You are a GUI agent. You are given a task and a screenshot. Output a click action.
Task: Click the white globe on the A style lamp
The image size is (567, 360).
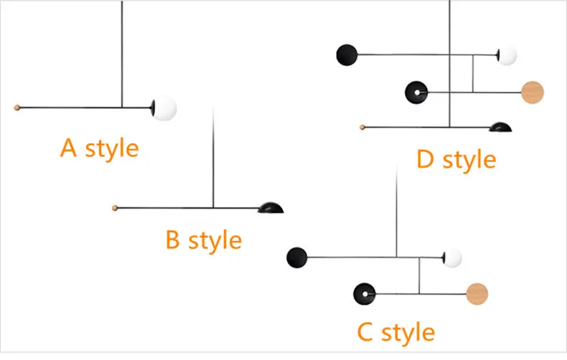click(165, 108)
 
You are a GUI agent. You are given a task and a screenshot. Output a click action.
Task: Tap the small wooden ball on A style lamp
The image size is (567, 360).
click(17, 108)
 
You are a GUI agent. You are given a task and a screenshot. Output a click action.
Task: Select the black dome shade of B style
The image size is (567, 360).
click(271, 208)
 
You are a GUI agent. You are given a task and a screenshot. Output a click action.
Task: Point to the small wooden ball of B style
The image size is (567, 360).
click(115, 208)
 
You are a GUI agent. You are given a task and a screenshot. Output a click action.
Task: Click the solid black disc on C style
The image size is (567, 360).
click(297, 257)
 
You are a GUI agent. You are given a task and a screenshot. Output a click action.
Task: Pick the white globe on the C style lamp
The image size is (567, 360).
click(452, 258)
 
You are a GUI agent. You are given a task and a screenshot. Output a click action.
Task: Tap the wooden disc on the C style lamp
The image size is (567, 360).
click(477, 294)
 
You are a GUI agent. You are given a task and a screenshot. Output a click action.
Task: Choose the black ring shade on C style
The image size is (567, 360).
click(365, 294)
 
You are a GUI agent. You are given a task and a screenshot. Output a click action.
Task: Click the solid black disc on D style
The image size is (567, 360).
click(347, 55)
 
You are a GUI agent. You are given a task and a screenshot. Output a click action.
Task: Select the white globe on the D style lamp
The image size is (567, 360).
click(507, 56)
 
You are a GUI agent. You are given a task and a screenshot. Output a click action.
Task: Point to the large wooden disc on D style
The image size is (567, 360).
click(533, 93)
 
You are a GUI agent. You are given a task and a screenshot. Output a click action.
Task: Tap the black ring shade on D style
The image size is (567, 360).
click(416, 93)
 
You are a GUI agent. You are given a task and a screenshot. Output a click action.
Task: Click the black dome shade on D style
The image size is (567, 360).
click(500, 127)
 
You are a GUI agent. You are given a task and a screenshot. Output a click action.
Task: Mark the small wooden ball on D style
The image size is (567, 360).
click(362, 127)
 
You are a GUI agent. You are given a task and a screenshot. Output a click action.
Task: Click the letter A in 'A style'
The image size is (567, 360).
click(68, 148)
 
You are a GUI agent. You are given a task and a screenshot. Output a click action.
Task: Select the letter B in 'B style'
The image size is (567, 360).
click(172, 240)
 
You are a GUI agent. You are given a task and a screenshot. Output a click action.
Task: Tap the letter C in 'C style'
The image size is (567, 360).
click(365, 331)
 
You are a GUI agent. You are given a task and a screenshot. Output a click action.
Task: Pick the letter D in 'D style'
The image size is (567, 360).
click(425, 158)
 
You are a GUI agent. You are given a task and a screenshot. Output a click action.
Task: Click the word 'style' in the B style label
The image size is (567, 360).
click(215, 240)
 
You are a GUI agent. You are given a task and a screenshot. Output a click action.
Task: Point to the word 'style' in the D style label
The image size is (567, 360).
click(469, 160)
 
